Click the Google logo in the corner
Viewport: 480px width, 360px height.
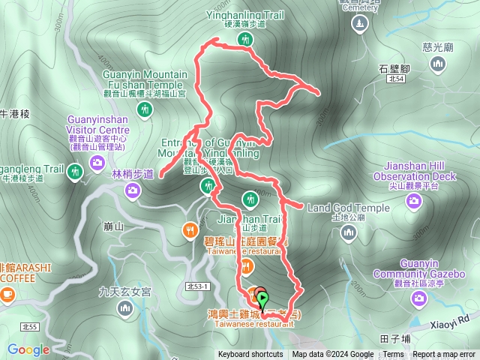[x=28, y=349]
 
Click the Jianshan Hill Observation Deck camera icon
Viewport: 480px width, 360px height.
[x=413, y=200]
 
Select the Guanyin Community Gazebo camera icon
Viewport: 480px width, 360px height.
[x=420, y=299]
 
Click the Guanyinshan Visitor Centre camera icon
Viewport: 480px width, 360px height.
[x=97, y=162]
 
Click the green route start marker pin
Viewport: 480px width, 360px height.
[x=262, y=300]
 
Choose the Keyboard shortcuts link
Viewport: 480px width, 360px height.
[x=251, y=355]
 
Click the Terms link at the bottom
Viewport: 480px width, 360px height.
[x=393, y=355]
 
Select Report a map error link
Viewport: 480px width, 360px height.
[x=444, y=355]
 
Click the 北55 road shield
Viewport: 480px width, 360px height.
[x=29, y=326]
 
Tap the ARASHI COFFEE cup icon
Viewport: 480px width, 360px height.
[x=7, y=293]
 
